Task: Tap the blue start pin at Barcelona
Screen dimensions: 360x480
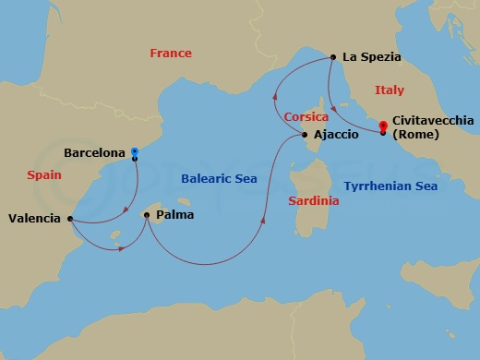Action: tap(135, 151)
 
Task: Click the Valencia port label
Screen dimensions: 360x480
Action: tap(34, 219)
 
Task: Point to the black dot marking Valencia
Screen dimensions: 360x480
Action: tap(70, 219)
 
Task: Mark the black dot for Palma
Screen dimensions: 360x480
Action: tap(146, 215)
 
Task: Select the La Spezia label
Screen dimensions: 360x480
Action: tap(371, 56)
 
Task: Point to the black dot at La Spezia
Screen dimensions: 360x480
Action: tap(331, 57)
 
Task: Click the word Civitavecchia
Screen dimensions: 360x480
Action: tap(433, 121)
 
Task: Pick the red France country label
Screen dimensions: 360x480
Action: tap(170, 54)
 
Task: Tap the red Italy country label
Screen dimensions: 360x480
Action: tap(389, 90)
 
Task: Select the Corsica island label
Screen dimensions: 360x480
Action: tap(306, 117)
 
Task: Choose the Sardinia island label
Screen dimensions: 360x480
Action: tap(313, 199)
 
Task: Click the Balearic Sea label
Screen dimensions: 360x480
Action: tap(219, 179)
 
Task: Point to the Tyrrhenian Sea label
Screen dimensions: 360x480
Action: tap(390, 186)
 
